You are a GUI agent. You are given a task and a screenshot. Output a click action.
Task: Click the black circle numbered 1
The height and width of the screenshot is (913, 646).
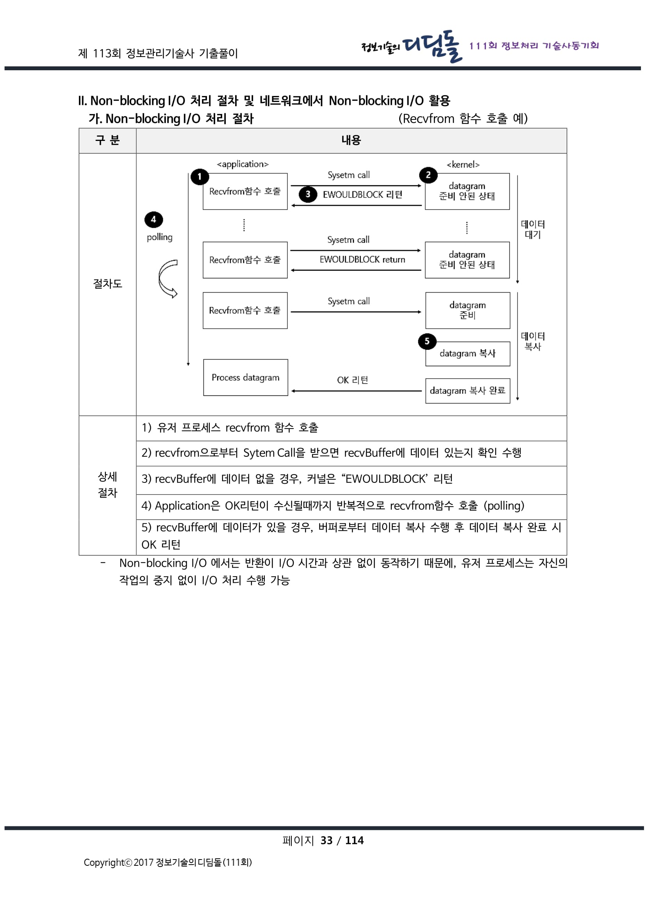click(x=199, y=176)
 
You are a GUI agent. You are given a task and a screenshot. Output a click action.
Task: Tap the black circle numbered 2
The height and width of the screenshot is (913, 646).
click(x=428, y=175)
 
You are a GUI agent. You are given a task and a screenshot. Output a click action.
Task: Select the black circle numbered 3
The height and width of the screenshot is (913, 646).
click(x=307, y=194)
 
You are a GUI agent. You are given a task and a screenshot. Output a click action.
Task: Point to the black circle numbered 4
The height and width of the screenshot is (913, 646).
click(x=153, y=219)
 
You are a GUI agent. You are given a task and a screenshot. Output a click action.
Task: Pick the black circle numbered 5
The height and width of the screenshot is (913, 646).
click(x=427, y=341)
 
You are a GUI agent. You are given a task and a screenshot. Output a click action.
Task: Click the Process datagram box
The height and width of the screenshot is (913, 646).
click(x=245, y=377)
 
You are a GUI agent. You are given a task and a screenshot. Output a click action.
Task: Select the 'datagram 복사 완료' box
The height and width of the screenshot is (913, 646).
click(x=468, y=390)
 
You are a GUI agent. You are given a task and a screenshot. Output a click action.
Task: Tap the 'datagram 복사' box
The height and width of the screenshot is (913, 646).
click(x=468, y=354)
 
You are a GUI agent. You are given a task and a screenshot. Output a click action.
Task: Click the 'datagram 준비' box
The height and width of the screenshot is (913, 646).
click(x=468, y=310)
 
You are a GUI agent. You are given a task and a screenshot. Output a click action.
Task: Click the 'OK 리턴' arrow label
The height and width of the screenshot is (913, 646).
click(x=352, y=380)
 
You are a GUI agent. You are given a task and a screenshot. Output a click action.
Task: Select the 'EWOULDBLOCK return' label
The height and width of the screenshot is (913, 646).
click(x=362, y=260)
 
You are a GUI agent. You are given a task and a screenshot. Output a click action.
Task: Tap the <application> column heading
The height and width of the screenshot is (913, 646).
click(x=243, y=164)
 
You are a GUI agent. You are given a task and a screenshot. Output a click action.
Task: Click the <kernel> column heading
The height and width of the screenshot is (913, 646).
click(x=463, y=165)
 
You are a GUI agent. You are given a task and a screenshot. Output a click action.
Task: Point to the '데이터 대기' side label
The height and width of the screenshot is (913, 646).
click(x=533, y=230)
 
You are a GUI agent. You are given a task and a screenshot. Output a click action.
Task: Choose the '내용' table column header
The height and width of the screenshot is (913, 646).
click(x=351, y=141)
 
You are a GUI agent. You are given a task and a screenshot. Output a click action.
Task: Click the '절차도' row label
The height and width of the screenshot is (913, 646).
click(x=107, y=283)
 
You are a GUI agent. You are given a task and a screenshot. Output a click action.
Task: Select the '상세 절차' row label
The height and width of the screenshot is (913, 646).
click(x=107, y=485)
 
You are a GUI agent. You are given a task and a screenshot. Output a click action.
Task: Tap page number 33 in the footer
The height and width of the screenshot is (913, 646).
click(x=326, y=840)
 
